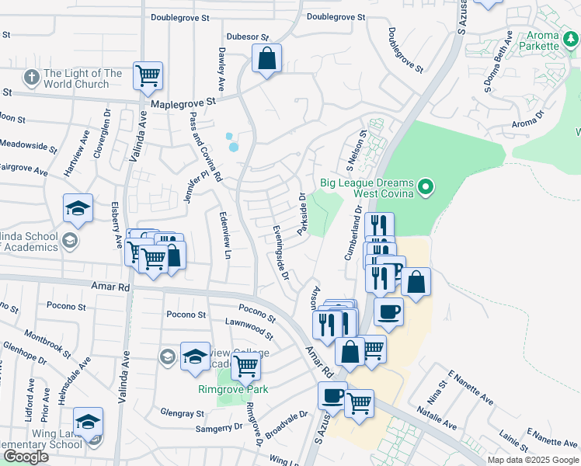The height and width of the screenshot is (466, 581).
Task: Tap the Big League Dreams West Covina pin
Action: point(425,186)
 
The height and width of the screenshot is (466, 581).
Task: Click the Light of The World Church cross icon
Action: point(31,78)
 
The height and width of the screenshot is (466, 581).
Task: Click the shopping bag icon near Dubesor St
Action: point(266,58)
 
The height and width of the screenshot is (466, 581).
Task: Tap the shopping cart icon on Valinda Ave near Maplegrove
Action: point(147,75)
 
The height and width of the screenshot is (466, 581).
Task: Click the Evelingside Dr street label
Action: point(281,253)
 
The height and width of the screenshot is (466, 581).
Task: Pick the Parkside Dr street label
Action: point(302,214)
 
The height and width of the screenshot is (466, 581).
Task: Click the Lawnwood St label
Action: point(249,329)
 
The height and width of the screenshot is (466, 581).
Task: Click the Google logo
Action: point(26,457)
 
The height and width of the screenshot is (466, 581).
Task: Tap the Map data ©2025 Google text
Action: point(533,460)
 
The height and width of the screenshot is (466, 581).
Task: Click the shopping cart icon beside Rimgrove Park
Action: point(245,364)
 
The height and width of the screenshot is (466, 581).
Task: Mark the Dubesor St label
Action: point(247,37)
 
